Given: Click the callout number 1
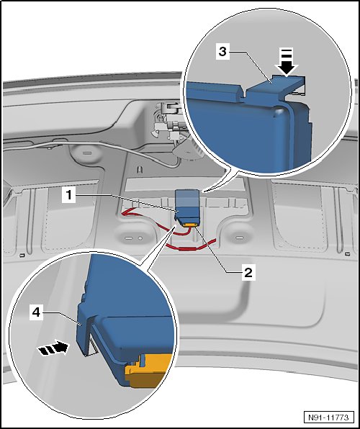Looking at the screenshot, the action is pyautogui.click(x=68, y=195).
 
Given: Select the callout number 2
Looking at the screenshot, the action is pyautogui.click(x=248, y=272).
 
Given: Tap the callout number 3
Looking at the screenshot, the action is pyautogui.click(x=223, y=51).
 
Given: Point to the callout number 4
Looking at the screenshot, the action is pyautogui.click(x=37, y=312).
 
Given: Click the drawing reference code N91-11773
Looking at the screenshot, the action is pyautogui.click(x=328, y=417).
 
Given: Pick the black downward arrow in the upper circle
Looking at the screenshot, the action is pyautogui.click(x=287, y=62).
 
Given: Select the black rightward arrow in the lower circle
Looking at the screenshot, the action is pyautogui.click(x=53, y=348).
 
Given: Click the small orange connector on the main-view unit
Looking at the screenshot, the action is pyautogui.click(x=190, y=225).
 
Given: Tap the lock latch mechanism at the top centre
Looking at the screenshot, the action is pyautogui.click(x=168, y=120).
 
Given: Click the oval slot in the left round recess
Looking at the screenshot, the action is pyautogui.click(x=129, y=238).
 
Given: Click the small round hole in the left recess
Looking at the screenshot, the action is pyautogui.click(x=140, y=238).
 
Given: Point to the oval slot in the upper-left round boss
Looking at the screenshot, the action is pyautogui.click(x=87, y=153).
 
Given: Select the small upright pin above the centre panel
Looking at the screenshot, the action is pyautogui.click(x=140, y=169).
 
